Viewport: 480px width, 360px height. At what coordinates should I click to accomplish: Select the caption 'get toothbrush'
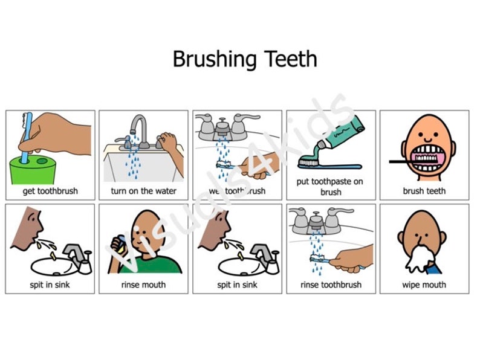tap(50, 191)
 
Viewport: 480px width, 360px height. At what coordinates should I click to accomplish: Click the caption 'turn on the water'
tap(144, 191)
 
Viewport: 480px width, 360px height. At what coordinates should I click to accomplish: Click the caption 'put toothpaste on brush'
tap(331, 186)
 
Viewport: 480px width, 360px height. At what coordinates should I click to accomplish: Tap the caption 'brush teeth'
tap(424, 191)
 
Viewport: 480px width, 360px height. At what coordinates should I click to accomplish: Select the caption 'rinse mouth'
tap(144, 284)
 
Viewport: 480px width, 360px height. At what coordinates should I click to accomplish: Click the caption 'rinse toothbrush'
tap(331, 284)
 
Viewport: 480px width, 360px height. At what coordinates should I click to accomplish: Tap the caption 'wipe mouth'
tap(424, 284)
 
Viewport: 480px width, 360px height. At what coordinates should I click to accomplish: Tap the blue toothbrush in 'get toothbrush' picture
tap(25, 139)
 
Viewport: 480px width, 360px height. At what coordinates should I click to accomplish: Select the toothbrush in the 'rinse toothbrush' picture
tap(321, 259)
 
